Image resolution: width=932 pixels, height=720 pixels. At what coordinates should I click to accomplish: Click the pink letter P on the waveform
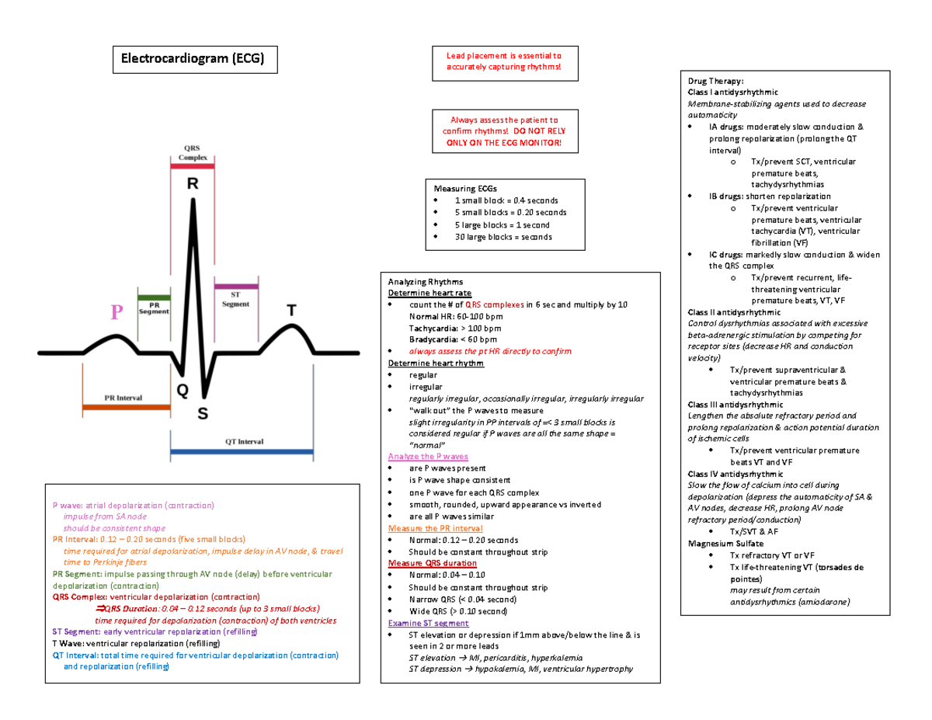point(116,313)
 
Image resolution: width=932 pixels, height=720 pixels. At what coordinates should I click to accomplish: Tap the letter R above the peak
point(192,186)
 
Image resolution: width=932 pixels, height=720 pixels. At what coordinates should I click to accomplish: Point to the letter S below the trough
point(203,414)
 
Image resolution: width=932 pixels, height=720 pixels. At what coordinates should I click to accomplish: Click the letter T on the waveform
point(292,311)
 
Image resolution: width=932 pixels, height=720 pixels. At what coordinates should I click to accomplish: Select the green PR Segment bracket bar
point(154,296)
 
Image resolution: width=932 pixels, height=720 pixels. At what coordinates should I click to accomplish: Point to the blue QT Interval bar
point(242,450)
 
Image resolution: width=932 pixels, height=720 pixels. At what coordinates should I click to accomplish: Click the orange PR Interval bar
point(126,406)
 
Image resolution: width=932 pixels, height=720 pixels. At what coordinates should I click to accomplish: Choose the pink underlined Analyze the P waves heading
point(427,457)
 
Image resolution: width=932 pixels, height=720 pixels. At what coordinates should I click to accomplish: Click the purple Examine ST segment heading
point(428,623)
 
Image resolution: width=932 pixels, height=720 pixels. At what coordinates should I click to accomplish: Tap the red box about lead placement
point(503,62)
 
